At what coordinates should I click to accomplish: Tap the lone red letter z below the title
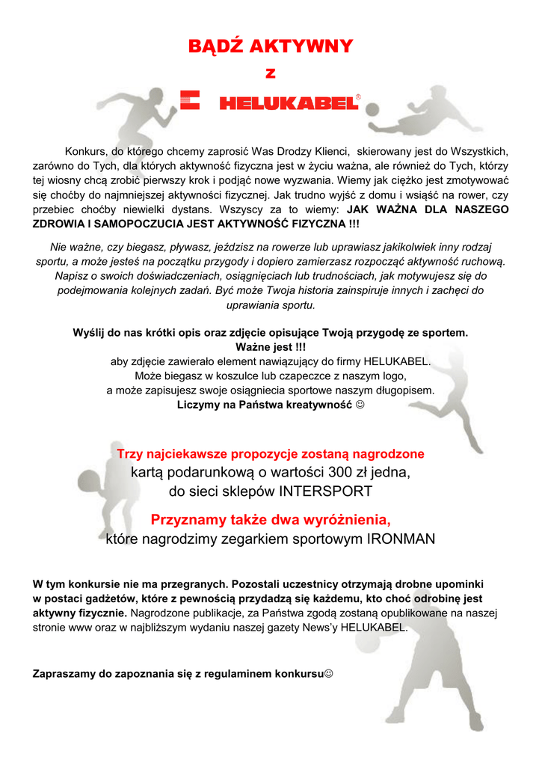click(x=271, y=73)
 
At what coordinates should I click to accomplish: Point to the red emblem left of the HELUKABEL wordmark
click(x=191, y=99)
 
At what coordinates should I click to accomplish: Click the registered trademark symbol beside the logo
click(x=358, y=97)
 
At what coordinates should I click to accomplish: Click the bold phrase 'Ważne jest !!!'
click(x=271, y=347)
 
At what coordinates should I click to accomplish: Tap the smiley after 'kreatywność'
click(x=360, y=405)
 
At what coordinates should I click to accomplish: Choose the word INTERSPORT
click(x=325, y=491)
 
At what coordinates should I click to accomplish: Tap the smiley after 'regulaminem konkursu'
click(x=329, y=673)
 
